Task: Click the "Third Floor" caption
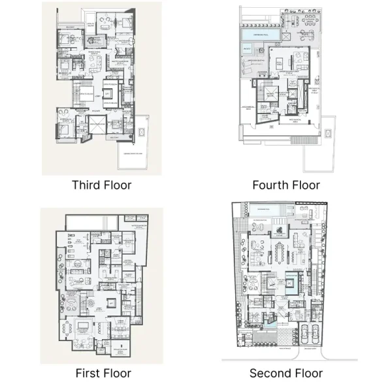[x=101, y=185]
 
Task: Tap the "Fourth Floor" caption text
[x=286, y=185]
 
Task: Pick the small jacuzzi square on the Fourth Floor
[x=248, y=49]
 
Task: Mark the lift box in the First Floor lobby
[x=111, y=304]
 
